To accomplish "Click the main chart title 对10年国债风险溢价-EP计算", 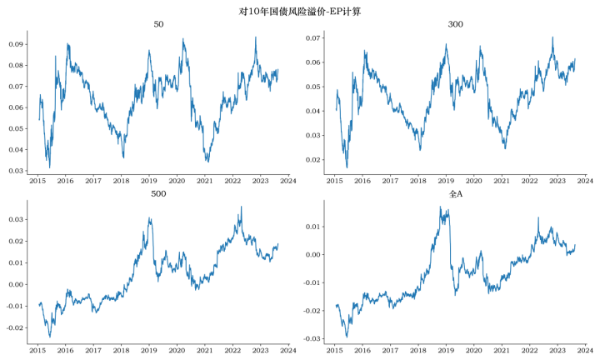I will [299, 11].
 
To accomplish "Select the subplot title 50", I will [158, 24].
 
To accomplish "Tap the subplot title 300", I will [455, 24].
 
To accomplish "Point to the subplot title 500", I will [158, 193].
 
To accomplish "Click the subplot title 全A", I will [455, 193].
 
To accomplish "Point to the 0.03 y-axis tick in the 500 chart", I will [14, 219].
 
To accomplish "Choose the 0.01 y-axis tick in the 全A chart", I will [312, 227].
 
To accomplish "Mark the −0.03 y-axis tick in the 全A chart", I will [308, 339].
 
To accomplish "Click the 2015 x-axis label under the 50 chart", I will [37, 180].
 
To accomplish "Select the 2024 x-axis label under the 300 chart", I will [585, 180].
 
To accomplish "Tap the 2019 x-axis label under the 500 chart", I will [149, 351].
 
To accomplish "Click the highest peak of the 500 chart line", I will [241, 207].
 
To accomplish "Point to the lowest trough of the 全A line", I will [347, 337].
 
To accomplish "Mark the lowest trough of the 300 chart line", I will [347, 167].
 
